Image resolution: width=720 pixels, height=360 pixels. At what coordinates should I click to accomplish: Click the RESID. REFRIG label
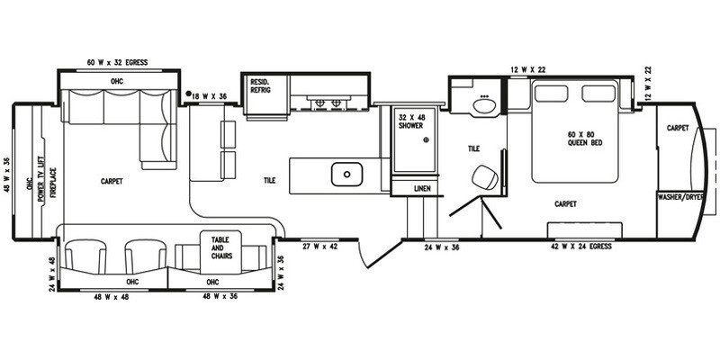pos(260,85)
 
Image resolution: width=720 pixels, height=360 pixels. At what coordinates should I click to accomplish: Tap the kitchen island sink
pos(346,174)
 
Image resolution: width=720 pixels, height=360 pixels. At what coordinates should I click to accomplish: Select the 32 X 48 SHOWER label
pos(410,121)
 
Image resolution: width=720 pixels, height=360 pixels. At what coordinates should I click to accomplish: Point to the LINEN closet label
pos(422,189)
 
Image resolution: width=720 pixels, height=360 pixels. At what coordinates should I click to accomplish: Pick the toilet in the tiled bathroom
pos(486,176)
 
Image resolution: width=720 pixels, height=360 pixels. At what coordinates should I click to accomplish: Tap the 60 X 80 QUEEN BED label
pos(584,139)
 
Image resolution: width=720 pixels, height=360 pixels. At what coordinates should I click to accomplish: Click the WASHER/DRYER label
pos(680,197)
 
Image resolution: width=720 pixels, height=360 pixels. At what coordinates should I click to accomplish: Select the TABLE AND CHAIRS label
pos(221,247)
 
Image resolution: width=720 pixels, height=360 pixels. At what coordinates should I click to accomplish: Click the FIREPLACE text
pos(53,183)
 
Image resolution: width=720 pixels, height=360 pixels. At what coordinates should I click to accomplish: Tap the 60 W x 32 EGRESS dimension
pos(118,62)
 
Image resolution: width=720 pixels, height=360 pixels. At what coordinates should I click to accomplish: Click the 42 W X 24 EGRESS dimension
pos(581,247)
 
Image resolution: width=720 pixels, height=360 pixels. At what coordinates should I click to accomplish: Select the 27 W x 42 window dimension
pos(319,247)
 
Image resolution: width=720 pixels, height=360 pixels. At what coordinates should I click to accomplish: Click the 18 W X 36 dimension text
pos(210,96)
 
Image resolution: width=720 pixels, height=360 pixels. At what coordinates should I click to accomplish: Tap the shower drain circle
pos(426,139)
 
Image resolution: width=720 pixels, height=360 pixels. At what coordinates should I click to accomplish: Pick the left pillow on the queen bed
pos(551,94)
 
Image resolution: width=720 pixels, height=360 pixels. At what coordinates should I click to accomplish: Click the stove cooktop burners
pos(328,103)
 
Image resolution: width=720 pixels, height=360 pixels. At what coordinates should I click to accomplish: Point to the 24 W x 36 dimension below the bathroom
pos(442,247)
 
